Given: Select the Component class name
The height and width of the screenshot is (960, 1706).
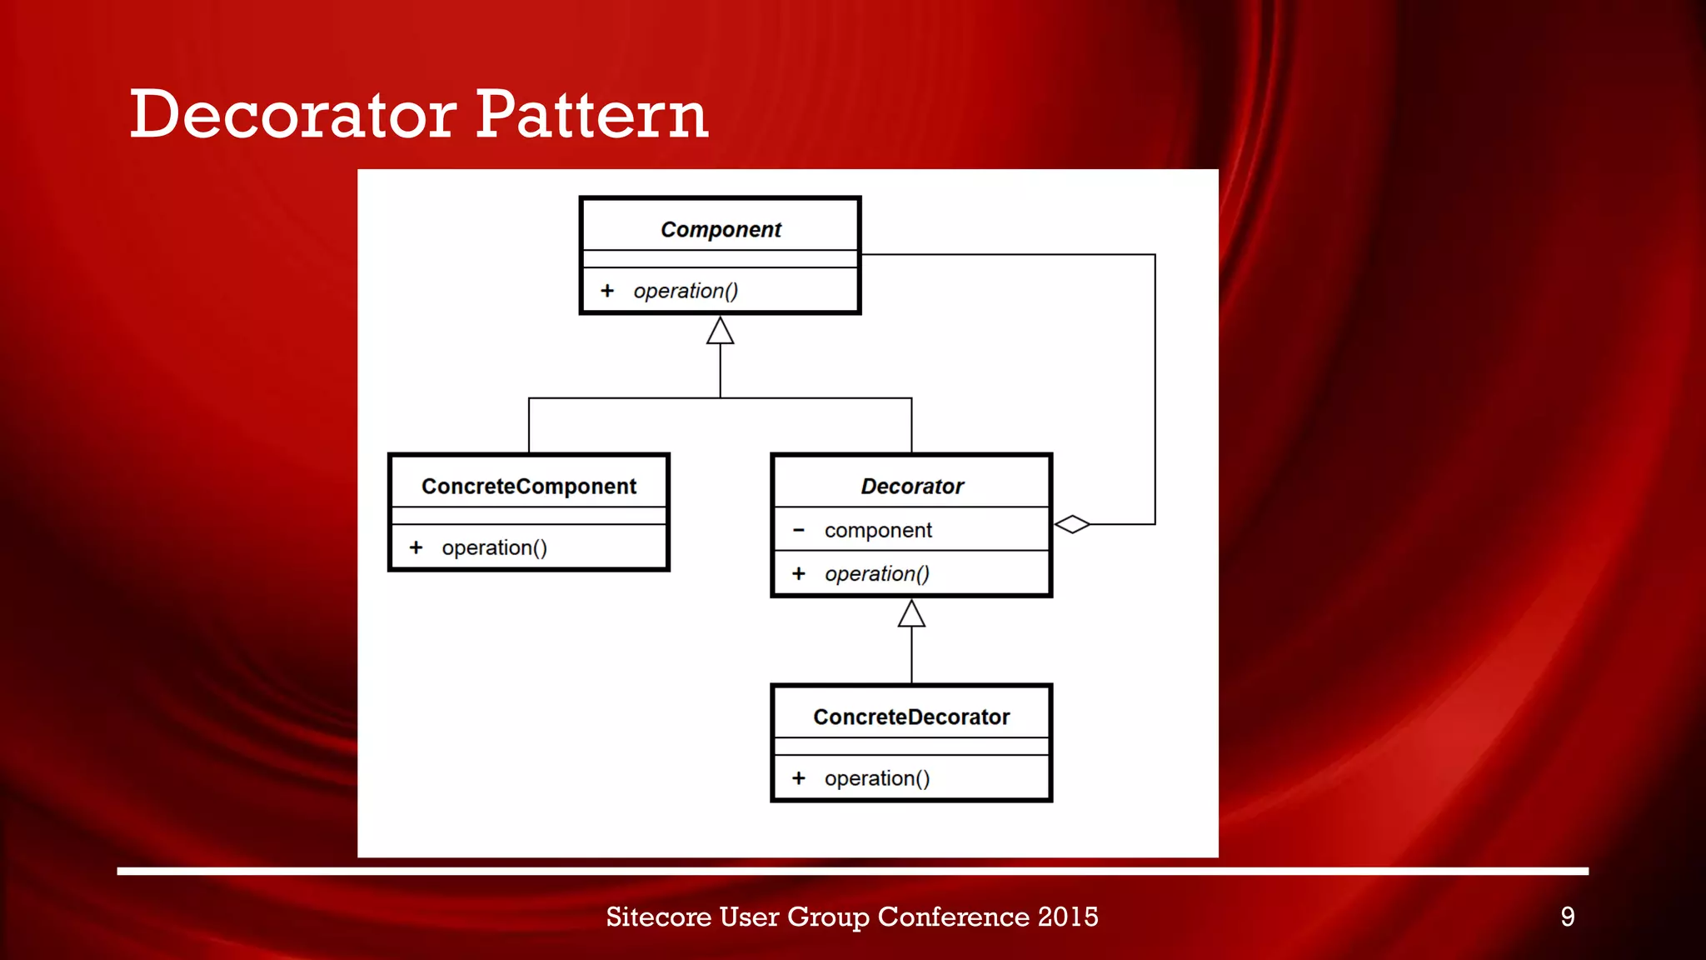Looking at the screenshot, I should click(x=721, y=229).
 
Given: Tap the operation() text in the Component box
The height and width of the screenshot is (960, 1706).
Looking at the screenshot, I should click(x=686, y=291).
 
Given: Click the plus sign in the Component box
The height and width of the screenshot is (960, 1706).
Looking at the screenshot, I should click(x=607, y=291).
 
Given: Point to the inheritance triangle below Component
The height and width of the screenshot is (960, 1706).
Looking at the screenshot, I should click(x=721, y=331).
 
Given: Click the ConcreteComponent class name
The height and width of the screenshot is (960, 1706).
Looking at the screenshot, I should click(x=529, y=486).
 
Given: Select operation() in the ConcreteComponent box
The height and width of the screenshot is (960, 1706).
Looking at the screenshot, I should click(x=494, y=547).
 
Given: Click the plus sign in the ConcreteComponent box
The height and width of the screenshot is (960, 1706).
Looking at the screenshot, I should click(x=416, y=547).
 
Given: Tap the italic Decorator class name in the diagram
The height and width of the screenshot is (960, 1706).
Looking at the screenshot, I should click(x=912, y=486).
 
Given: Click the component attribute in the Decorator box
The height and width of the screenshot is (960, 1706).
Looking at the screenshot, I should click(x=878, y=530).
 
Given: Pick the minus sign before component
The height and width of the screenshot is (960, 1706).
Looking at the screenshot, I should click(x=799, y=530).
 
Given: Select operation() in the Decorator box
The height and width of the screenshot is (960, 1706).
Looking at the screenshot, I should click(x=877, y=573).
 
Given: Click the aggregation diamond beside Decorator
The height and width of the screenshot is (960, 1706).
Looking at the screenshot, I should click(x=1072, y=524).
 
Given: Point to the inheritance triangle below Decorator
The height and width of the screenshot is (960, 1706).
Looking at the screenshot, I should click(x=911, y=614).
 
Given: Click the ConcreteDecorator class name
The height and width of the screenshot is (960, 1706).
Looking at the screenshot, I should click(x=911, y=717).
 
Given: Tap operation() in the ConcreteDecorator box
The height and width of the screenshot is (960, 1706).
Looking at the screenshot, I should click(x=877, y=778).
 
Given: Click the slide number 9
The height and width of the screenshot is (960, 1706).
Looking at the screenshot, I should click(x=1567, y=917).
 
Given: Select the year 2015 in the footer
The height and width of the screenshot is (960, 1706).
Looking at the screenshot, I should click(x=1068, y=917).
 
